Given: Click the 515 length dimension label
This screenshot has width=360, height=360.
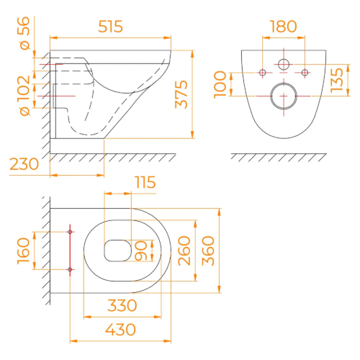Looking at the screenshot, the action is click(111, 27).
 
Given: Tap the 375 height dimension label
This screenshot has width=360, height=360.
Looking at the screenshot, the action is click(181, 94).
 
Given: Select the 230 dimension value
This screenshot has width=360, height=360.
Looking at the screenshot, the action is click(24, 164).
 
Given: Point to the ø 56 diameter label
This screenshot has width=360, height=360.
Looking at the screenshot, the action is click(24, 33).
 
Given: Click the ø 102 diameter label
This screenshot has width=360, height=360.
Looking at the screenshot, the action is click(24, 96).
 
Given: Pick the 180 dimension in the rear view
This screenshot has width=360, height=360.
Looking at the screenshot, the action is click(283, 27).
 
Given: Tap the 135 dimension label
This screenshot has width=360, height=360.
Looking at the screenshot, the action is click(337, 81).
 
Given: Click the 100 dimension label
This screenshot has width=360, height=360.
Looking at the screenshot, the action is click(220, 85).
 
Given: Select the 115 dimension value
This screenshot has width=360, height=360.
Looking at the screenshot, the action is click(145, 182).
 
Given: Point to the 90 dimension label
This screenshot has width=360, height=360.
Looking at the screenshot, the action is click(141, 251).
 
